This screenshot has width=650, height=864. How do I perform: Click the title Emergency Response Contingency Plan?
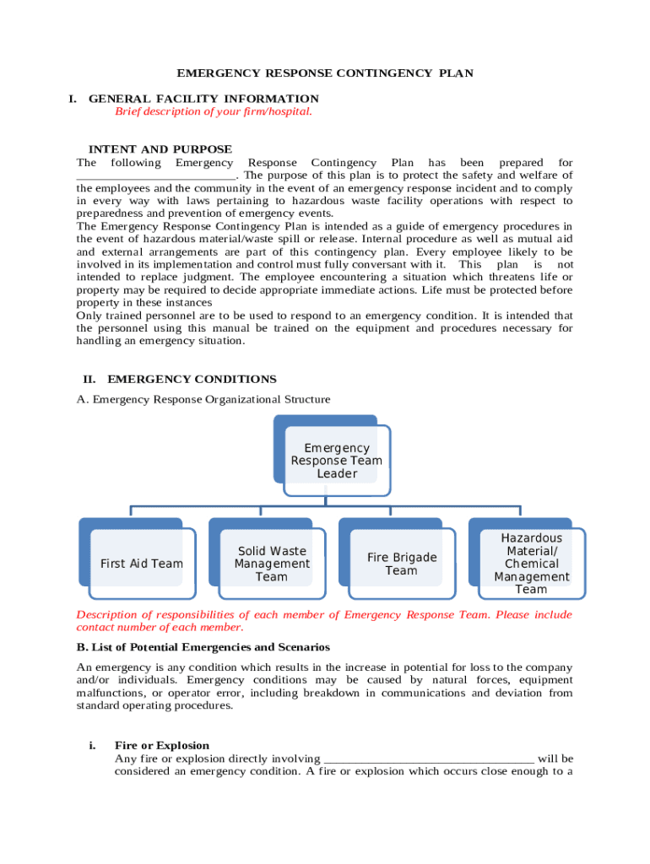point(324,73)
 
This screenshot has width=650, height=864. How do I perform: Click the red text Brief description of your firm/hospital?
point(213,111)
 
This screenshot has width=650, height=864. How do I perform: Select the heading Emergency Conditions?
point(192,380)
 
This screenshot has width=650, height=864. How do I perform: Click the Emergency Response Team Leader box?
point(337,461)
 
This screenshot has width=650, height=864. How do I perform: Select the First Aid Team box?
point(141,564)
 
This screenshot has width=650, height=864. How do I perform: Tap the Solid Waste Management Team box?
point(272,564)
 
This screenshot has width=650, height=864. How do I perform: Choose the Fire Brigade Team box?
point(402,564)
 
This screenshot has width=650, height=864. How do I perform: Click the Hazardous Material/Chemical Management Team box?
point(532,564)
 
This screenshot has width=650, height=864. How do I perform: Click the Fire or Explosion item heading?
point(162,746)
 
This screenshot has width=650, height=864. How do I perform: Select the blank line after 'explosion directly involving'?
point(429,759)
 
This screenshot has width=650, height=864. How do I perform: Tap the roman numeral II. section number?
point(89,380)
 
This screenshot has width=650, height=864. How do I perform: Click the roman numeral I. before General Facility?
point(73,99)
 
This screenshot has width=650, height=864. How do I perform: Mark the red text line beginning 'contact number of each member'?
point(160,627)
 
